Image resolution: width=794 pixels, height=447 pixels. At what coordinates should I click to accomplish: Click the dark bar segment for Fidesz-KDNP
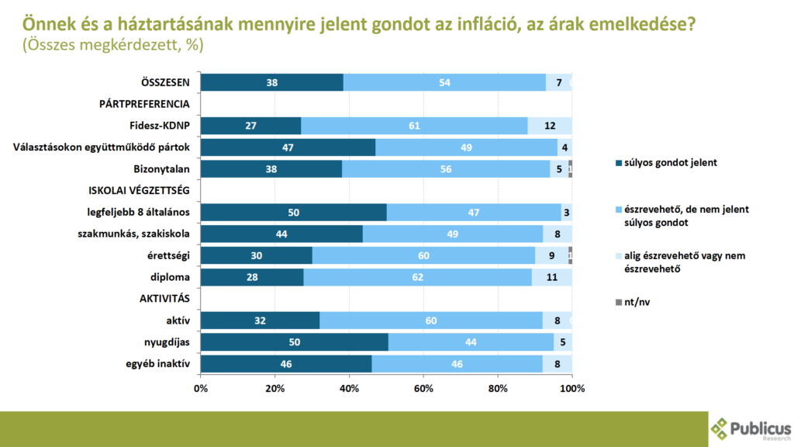[x=250, y=126]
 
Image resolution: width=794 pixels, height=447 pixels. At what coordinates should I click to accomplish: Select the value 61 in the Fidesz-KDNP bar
[x=415, y=126]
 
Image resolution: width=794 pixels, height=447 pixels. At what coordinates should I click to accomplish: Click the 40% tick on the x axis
[x=349, y=388]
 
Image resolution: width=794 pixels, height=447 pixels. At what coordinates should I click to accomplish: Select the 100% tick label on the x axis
[x=572, y=388]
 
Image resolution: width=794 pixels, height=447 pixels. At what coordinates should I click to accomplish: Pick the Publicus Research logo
[x=751, y=428]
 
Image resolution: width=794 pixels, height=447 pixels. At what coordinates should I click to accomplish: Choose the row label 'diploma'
[x=171, y=277]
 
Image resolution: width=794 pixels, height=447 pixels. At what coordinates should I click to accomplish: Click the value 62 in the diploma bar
[x=417, y=277]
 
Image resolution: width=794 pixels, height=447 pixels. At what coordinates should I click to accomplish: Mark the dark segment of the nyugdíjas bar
[x=294, y=342]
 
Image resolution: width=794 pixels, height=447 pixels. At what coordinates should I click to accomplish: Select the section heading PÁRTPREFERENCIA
[x=144, y=104]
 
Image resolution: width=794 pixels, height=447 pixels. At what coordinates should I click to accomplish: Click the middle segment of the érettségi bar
[x=423, y=255]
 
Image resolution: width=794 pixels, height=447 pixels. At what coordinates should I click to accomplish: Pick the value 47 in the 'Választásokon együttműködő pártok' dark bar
[x=288, y=147]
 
